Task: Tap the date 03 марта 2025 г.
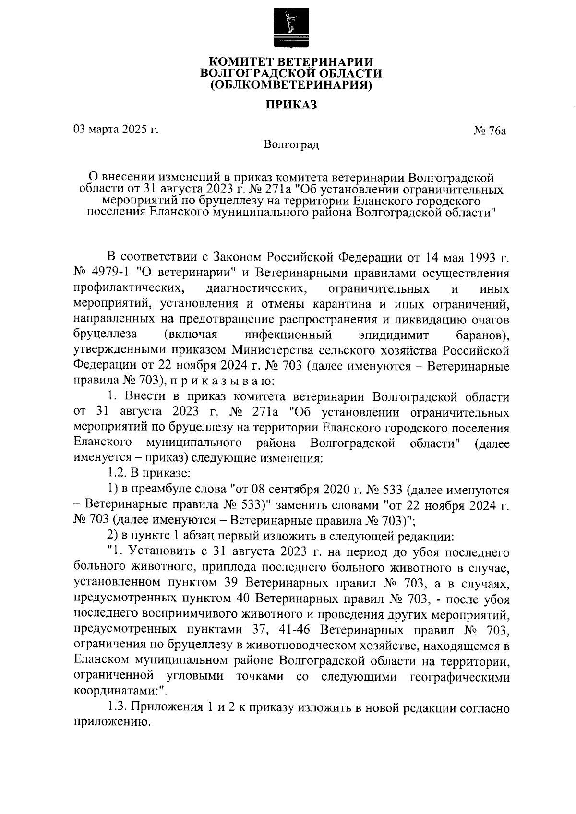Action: tap(115, 129)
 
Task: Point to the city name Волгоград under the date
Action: tap(291, 144)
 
